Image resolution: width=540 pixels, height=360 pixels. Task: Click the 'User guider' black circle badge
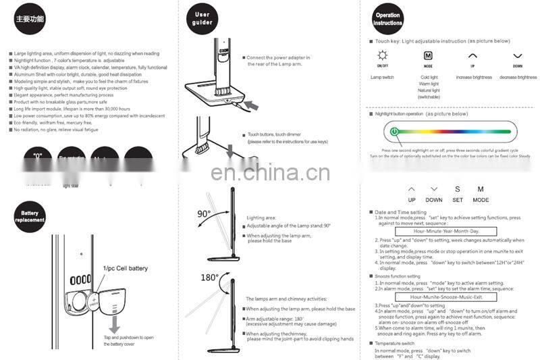click(202, 18)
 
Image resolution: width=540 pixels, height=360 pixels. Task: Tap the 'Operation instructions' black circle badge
click(387, 19)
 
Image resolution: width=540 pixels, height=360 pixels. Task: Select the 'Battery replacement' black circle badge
click(29, 217)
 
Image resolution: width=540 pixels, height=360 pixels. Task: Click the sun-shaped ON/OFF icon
click(382, 56)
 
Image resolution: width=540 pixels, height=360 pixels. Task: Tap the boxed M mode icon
click(428, 56)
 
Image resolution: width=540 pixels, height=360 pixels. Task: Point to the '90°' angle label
click(203, 214)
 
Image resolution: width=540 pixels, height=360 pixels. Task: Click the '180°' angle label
click(210, 277)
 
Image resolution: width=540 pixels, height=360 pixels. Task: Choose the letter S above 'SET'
click(457, 190)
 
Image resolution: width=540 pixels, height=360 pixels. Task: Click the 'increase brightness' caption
click(474, 78)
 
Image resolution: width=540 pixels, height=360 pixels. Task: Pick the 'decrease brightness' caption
click(518, 78)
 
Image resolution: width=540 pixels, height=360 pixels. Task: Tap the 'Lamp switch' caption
click(382, 78)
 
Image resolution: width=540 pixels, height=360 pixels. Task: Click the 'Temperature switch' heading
click(400, 344)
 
